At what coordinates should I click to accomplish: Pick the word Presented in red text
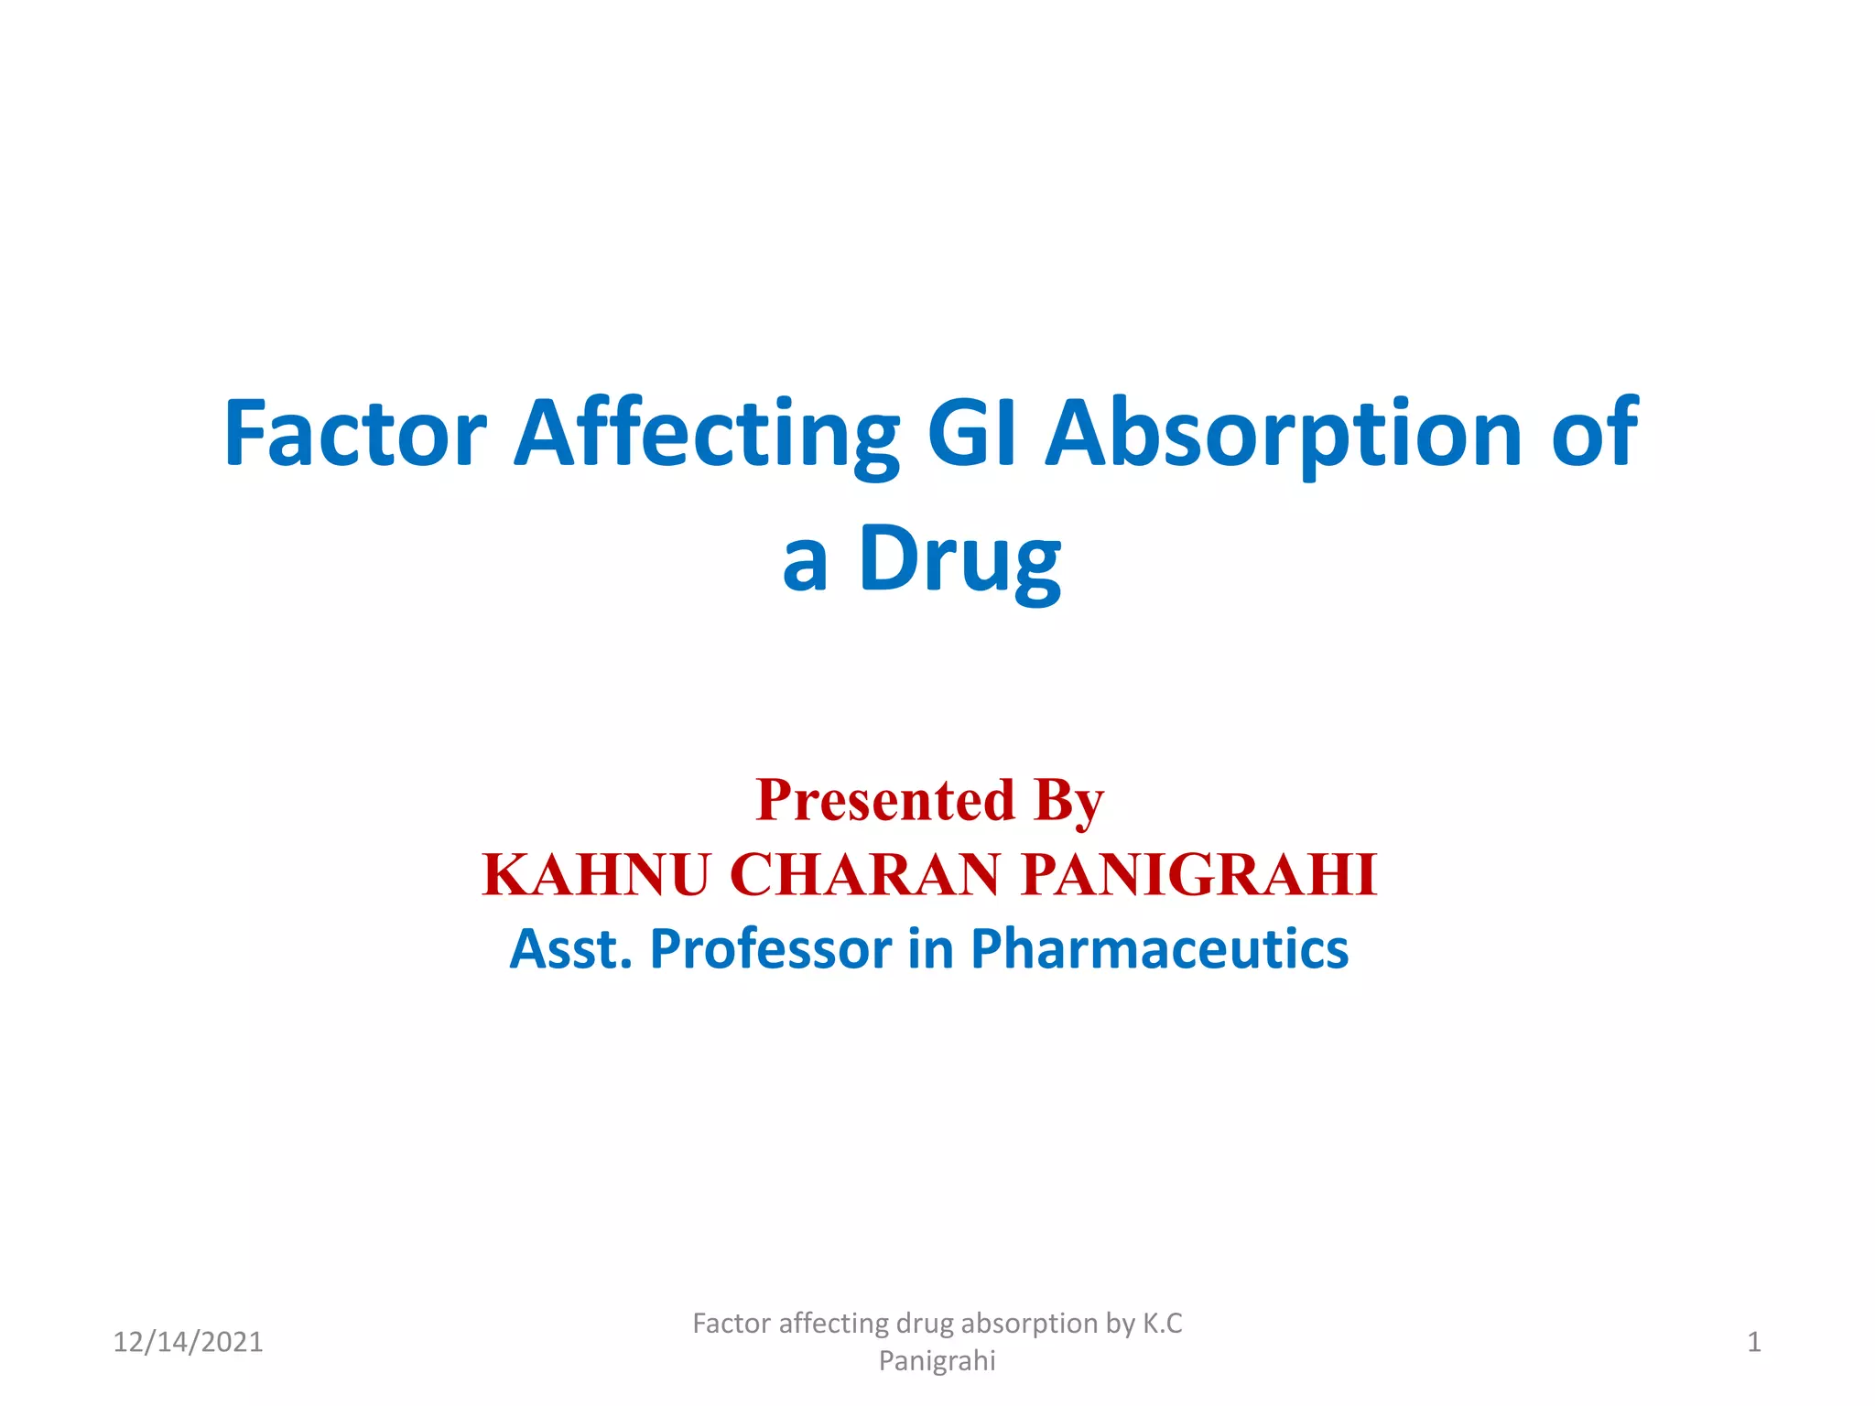pos(885,800)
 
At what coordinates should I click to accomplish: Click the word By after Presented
pos(1068,800)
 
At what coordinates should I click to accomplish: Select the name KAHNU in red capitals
pos(596,874)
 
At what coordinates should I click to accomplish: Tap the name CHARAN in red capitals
pos(864,874)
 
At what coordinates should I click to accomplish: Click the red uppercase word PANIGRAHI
pos(1198,874)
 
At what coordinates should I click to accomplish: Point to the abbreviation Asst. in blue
pos(570,948)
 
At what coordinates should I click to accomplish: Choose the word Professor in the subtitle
pos(770,948)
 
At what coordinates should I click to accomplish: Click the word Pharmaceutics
pos(1159,948)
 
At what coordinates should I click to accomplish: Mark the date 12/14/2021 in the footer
pos(188,1342)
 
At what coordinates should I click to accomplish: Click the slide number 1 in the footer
pos(1753,1342)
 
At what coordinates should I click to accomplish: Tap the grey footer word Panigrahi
pos(937,1361)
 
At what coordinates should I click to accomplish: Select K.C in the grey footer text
pos(1162,1324)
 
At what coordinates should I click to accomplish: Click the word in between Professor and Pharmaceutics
pos(930,948)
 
